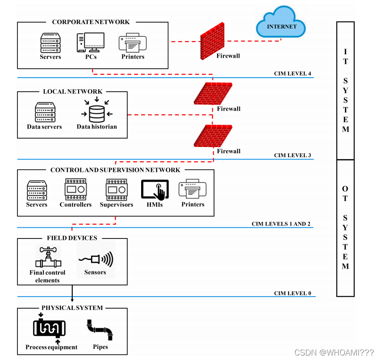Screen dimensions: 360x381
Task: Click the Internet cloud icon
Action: pos(282,23)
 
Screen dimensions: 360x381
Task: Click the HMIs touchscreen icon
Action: pos(155,189)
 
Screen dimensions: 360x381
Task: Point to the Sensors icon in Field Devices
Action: pos(95,260)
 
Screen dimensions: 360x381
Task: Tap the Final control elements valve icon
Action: pos(47,258)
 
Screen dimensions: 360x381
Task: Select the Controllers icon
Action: pos(75,189)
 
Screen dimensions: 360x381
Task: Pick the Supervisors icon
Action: pos(116,189)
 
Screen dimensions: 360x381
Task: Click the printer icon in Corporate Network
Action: pos(133,43)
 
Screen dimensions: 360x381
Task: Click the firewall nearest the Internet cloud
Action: pos(214,41)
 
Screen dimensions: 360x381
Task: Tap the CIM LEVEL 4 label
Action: pos(292,74)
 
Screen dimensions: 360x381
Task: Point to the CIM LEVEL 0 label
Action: pos(292,293)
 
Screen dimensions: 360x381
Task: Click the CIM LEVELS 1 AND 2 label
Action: pos(281,224)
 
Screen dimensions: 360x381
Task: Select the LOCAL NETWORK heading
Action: pos(72,92)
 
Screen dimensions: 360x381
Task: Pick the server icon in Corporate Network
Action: pos(50,43)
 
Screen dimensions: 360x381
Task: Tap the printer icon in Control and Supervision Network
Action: pos(192,189)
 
